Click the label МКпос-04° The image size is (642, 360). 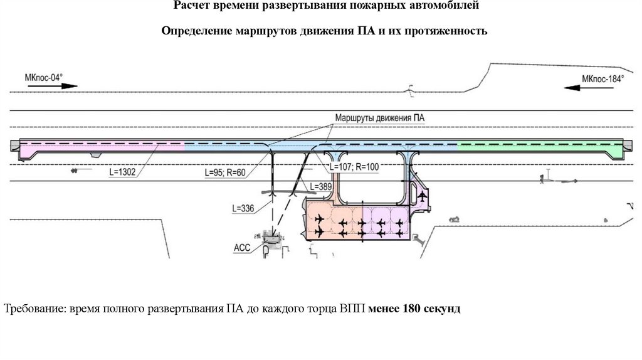[43, 77]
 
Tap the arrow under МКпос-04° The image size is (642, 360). [43, 87]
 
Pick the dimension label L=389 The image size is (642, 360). [324, 188]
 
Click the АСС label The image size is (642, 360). [242, 248]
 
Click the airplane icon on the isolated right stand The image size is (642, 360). [422, 197]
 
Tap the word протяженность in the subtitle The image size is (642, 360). [450, 31]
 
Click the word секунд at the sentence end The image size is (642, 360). [443, 309]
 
